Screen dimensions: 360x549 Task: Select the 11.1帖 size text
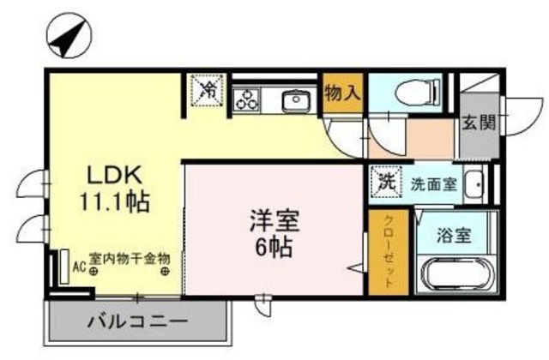click(117, 202)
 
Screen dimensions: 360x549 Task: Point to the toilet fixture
click(420, 92)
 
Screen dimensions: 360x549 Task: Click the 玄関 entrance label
click(479, 122)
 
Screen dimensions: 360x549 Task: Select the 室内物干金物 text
click(130, 257)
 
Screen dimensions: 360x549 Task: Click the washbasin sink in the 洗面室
click(475, 183)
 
